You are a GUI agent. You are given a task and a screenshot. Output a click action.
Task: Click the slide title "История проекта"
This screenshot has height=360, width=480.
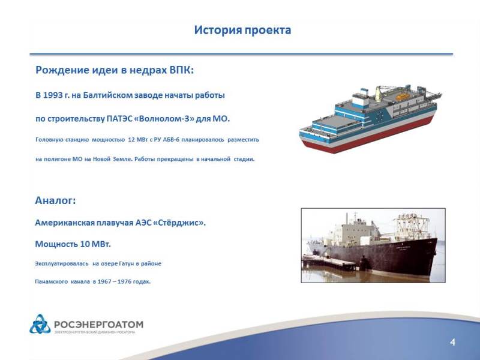pos(242,31)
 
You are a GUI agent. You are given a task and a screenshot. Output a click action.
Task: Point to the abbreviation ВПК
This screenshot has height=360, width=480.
pos(182,70)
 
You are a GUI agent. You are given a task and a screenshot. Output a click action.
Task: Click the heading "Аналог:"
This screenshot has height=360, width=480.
pos(55,200)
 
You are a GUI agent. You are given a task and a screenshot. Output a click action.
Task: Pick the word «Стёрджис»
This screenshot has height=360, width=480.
pos(178,223)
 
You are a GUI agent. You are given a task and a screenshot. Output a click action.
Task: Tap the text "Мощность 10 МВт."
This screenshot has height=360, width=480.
pos(73,244)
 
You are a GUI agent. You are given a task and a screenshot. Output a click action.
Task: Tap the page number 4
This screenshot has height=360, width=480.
pos(453,342)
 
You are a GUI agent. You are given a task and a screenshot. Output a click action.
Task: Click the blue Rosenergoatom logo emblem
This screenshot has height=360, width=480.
pos(40,324)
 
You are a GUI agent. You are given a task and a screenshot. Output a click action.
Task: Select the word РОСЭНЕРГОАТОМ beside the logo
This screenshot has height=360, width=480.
pos(98,325)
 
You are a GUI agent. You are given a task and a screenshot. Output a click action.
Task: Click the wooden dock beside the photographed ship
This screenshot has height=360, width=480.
pos(329,262)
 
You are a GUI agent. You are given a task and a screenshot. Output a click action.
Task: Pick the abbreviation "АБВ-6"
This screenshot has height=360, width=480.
pos(171,140)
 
